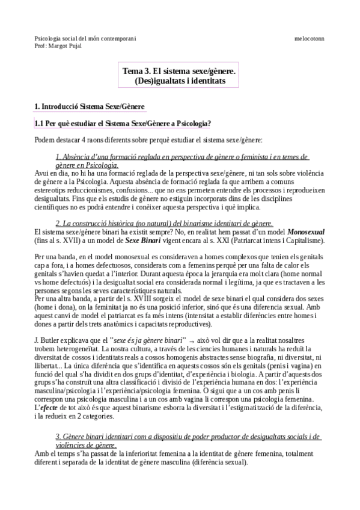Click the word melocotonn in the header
click(x=309, y=38)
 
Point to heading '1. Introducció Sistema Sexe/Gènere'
click(x=90, y=106)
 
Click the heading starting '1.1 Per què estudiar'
click(x=123, y=123)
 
